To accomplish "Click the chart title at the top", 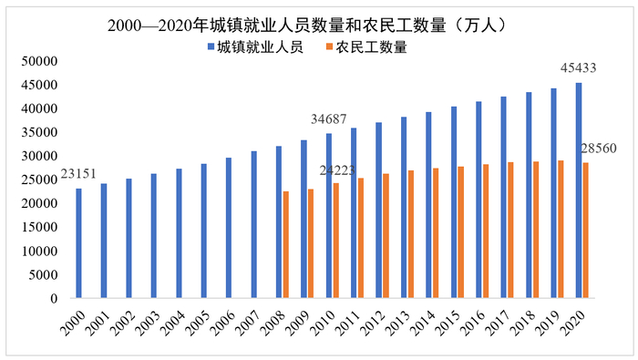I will click(318, 24).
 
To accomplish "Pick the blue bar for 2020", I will click(578, 190).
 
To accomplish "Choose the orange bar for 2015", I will click(461, 232).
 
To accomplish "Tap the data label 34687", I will click(331, 119).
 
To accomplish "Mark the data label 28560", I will click(598, 148).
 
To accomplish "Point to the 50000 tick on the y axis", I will click(39, 61).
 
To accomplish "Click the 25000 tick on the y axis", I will click(39, 180).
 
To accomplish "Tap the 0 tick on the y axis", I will click(55, 298).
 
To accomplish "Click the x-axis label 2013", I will click(398, 322).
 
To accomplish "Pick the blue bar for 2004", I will click(179, 233).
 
